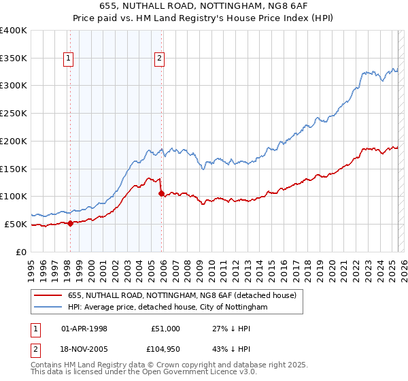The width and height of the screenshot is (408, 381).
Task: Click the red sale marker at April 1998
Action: [70, 223]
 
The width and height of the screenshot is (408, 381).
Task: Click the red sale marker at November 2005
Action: [161, 194]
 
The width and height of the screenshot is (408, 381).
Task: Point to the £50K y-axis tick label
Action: [16, 224]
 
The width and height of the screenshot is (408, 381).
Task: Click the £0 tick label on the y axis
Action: [22, 252]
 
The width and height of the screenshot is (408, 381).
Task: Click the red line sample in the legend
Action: [48, 296]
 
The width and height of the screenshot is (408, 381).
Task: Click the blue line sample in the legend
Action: [48, 308]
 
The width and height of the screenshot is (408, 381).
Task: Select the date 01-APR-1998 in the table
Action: [85, 329]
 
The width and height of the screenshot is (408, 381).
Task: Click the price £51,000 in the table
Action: [165, 329]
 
